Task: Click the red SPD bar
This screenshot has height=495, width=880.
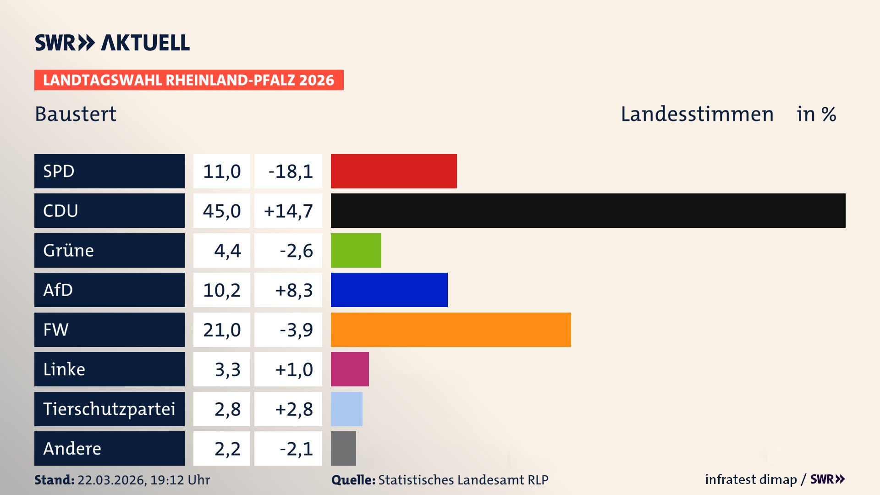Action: point(394,171)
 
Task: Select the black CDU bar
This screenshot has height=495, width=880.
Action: point(588,210)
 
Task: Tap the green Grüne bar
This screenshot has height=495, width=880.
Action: point(356,250)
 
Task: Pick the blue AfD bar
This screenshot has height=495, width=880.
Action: point(389,290)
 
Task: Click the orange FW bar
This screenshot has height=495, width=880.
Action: point(451,330)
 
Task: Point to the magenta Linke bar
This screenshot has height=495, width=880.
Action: point(350,369)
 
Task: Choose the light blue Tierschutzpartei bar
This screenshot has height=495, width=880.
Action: point(346,409)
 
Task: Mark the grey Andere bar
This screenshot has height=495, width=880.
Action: point(343,448)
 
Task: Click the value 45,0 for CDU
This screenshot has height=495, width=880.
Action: point(222,211)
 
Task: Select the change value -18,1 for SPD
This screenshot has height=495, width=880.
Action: point(290,171)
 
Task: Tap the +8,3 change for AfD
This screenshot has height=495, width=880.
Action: point(293,290)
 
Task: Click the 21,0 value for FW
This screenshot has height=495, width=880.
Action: point(222,330)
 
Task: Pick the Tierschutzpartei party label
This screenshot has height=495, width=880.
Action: point(109,409)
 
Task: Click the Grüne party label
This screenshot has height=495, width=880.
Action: point(69,251)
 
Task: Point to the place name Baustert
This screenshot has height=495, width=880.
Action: point(76,114)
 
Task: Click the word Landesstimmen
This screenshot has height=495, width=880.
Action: point(697,114)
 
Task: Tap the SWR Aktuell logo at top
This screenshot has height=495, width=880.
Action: point(112,43)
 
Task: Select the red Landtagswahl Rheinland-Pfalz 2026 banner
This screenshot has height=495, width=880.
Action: point(188,80)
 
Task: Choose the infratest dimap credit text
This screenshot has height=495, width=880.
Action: point(750,479)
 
